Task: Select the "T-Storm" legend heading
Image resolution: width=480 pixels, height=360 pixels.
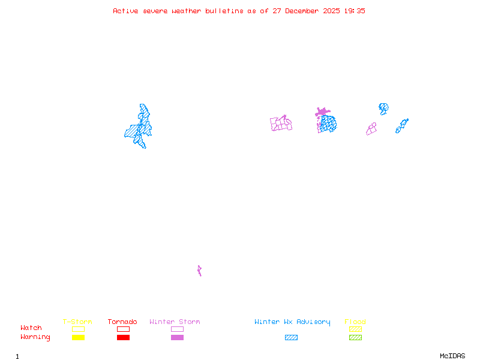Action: [77, 322]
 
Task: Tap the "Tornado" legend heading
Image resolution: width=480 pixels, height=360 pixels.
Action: [122, 322]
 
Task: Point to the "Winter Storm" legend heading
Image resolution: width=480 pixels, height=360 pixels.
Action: [175, 322]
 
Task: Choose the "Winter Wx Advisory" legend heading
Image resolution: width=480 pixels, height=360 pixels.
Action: [292, 322]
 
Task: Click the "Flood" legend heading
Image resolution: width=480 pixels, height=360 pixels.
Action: [355, 322]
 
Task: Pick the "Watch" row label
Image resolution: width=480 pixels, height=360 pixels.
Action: [31, 328]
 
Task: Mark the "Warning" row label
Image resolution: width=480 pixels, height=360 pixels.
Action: [35, 337]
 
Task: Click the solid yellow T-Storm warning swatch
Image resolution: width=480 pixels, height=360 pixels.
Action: [78, 338]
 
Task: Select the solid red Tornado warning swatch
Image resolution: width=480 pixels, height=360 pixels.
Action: [123, 338]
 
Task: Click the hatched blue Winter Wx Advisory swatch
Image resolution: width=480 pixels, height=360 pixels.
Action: [291, 338]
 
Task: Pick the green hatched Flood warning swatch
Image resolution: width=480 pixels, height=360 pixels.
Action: [355, 338]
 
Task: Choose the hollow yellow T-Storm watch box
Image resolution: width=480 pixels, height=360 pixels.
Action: [78, 329]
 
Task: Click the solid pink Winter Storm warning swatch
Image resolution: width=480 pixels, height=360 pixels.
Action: [177, 338]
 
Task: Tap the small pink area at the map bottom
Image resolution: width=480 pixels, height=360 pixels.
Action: [199, 271]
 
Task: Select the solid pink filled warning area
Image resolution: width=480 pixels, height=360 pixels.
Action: [322, 112]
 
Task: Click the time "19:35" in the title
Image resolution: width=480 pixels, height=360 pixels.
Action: [359, 11]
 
